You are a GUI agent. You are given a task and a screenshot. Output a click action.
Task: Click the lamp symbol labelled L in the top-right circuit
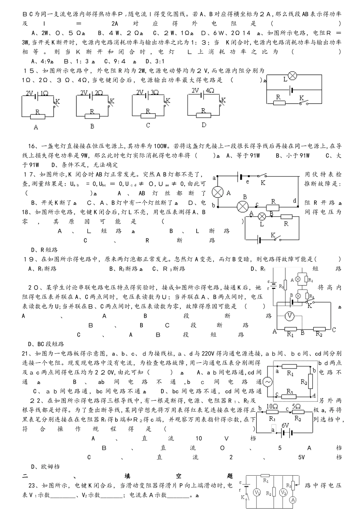pos(292,76)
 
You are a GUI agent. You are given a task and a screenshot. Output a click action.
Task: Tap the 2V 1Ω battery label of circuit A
pos(36,93)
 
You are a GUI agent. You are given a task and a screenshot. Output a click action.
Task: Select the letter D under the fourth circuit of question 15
pos(204,125)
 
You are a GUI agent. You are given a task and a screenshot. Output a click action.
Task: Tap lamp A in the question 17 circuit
pos(218,192)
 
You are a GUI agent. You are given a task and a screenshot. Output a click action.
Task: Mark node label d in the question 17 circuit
pos(294,201)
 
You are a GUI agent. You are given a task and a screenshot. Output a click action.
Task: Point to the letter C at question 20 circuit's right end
pos(333,330)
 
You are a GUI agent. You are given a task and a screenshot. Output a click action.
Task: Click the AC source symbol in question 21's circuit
pos(268,382)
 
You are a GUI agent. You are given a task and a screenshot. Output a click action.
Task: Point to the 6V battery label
pos(285,425)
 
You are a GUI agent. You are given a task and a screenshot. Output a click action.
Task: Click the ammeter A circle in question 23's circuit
pos(293,500)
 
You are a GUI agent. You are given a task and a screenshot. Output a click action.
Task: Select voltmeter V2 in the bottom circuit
pos(283,492)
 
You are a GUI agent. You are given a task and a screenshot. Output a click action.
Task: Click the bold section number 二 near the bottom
pos(25,476)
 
